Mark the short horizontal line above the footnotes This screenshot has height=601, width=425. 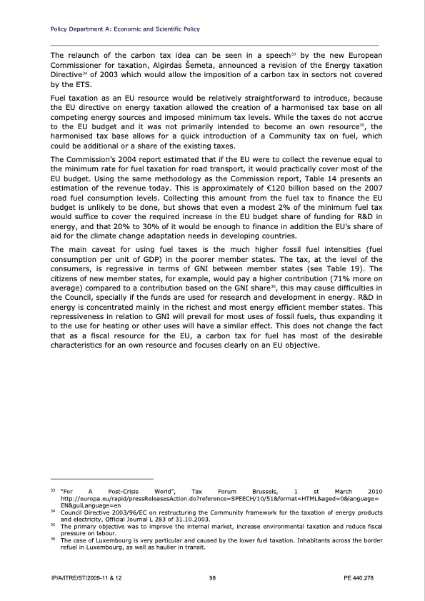click(x=102, y=478)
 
